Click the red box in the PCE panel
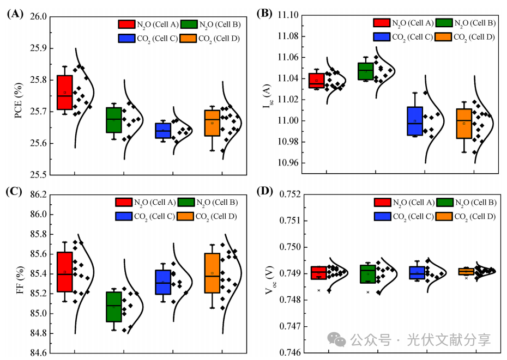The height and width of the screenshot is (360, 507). click(65, 93)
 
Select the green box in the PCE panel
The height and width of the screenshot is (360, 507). click(114, 120)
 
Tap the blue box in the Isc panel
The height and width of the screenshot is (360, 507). click(415, 121)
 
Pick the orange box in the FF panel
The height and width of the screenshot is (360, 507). click(212, 273)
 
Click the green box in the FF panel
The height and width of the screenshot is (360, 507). click(114, 307)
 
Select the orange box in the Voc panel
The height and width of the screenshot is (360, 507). click(466, 271)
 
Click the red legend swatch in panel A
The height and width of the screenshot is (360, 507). click(126, 24)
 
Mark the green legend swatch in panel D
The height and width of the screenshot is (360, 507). click(444, 203)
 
